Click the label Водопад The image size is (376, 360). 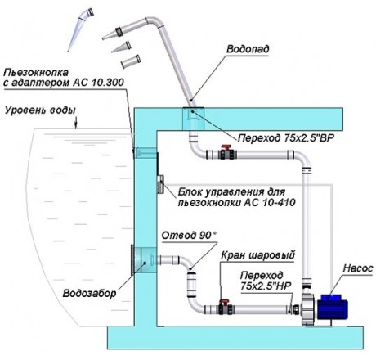[248, 49]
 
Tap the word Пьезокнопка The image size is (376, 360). [36, 73]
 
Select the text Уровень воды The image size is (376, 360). [40, 110]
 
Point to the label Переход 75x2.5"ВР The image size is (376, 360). [285, 138]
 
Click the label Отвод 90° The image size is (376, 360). [189, 235]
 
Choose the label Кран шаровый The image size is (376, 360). [257, 255]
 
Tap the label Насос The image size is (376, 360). [357, 268]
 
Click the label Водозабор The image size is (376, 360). [89, 293]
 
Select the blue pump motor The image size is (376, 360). [334, 306]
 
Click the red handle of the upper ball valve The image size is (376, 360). [226, 147]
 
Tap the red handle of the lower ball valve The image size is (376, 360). [224, 302]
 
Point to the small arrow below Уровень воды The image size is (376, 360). [76, 123]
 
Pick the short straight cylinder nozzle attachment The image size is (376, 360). [131, 62]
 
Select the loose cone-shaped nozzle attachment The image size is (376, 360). [121, 47]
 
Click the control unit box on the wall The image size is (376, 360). [160, 184]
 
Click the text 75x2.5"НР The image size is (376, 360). [266, 286]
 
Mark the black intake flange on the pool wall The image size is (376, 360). [132, 259]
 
